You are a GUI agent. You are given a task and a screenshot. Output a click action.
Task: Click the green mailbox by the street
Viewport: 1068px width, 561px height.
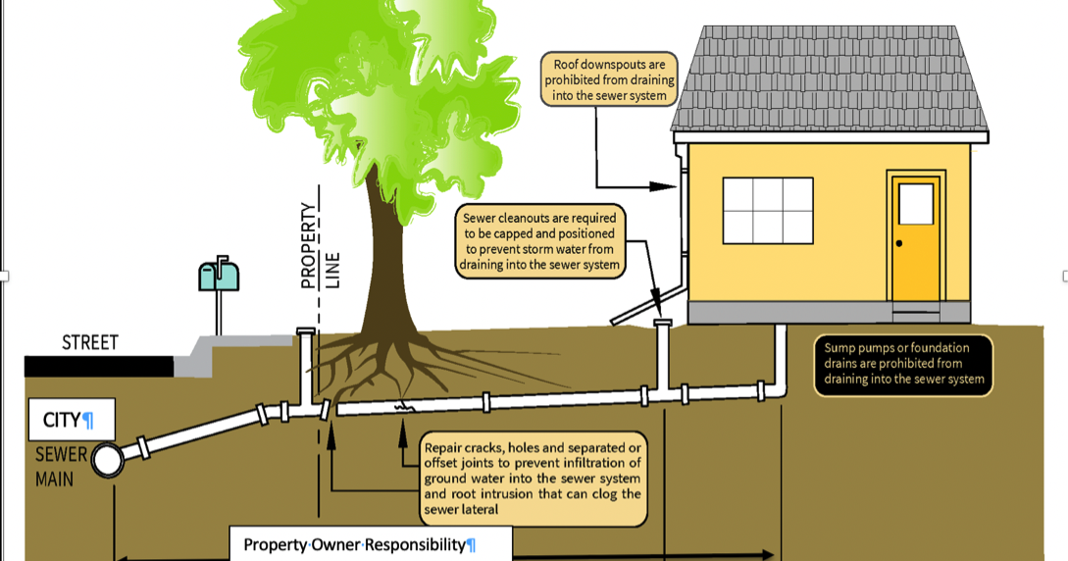tap(219, 277)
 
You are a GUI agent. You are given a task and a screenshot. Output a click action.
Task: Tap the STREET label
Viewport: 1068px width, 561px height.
tap(89, 343)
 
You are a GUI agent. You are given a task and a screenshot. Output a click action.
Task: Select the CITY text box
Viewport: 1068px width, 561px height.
tap(72, 420)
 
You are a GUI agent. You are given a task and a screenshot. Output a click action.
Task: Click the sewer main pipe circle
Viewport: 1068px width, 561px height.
tap(107, 459)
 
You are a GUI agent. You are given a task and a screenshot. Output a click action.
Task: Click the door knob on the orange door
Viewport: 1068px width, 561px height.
tap(898, 243)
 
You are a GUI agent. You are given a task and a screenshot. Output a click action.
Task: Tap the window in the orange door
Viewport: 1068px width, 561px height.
tap(916, 204)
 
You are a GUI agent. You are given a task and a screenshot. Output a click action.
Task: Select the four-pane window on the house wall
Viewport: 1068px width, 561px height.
tap(768, 211)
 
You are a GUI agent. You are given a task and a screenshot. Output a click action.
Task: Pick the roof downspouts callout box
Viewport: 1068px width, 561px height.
tap(609, 79)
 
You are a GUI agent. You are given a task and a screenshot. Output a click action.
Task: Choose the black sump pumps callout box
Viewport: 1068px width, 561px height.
tap(903, 365)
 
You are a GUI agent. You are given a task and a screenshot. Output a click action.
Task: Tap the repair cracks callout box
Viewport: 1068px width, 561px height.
tap(534, 479)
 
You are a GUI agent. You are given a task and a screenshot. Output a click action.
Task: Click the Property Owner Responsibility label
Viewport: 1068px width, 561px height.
tap(371, 544)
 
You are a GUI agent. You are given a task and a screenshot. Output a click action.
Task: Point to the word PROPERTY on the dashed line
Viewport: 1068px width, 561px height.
tap(309, 245)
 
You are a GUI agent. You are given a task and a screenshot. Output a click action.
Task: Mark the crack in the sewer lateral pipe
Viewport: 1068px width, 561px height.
tap(402, 403)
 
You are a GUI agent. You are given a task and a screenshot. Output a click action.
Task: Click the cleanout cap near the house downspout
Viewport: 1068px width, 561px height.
tap(664, 321)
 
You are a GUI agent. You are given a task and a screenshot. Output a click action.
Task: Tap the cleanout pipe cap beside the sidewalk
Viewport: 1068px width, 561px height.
tap(305, 331)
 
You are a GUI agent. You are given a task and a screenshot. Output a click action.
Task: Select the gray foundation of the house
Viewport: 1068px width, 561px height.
tap(830, 312)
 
